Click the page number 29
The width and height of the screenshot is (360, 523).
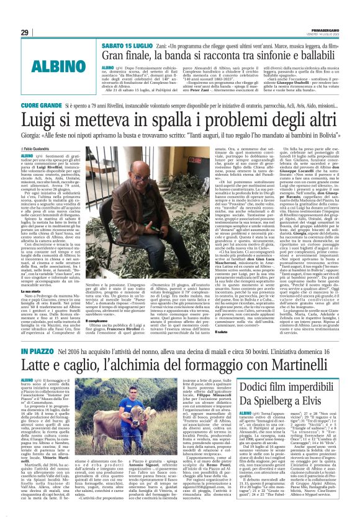[24, 32]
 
